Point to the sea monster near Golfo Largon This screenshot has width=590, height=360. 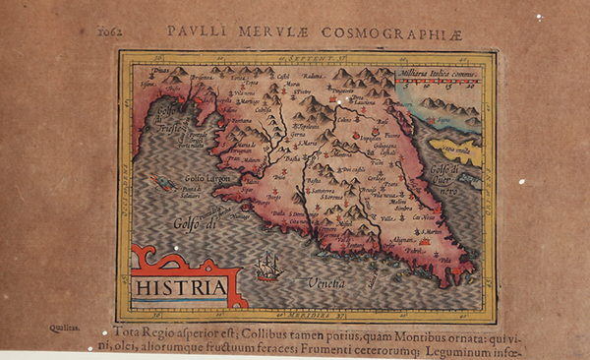pos(161,182)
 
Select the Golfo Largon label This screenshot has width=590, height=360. pos(206,178)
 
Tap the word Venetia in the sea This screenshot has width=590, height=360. pos(324,283)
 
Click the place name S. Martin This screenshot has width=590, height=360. pos(424,231)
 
